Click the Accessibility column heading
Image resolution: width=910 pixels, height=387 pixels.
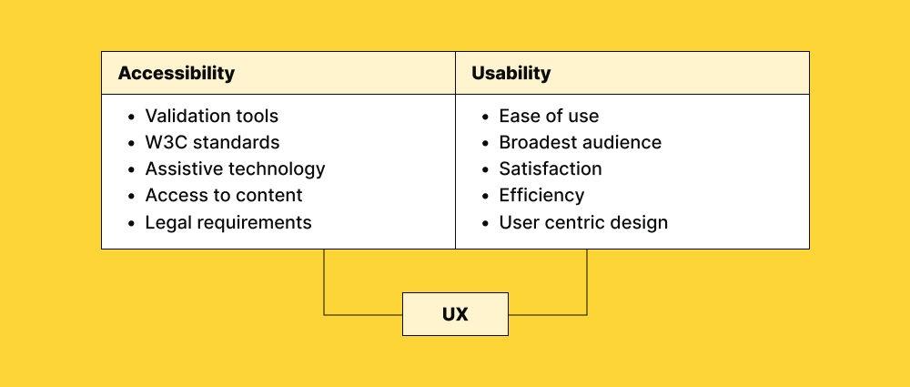coord(177,74)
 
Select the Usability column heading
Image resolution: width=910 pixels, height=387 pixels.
coord(511,74)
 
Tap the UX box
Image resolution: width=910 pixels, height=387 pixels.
coord(455,314)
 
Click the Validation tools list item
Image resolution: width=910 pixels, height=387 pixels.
coord(212,117)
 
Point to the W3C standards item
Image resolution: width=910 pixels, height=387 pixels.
coord(212,143)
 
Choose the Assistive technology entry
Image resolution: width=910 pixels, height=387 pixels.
coord(235,169)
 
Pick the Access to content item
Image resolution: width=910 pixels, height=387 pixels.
coord(224,196)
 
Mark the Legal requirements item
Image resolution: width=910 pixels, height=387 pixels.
coord(228,222)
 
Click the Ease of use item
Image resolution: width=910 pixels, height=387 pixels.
coord(549,117)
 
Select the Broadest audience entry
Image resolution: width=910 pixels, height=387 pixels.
coord(580,143)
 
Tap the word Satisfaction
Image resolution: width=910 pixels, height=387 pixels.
coord(551,169)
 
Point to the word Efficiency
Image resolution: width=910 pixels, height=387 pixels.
coord(541,196)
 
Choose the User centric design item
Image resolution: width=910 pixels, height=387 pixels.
coord(583,222)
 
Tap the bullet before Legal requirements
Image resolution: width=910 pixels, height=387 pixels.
coord(131,223)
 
